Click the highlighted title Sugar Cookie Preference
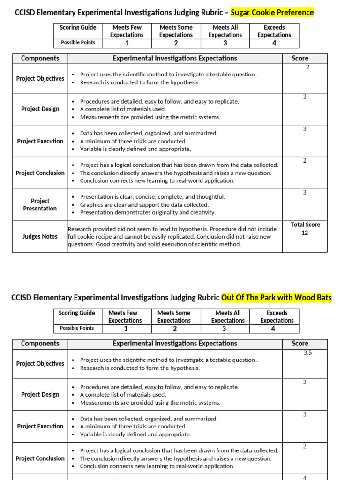tap(272, 12)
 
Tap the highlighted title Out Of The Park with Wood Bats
tap(276, 297)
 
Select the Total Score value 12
tap(305, 232)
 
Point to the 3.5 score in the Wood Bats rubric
tap(307, 352)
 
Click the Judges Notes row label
tap(40, 236)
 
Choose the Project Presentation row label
tap(40, 204)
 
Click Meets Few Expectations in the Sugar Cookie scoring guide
tap(127, 31)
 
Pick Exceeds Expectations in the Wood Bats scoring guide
tap(277, 316)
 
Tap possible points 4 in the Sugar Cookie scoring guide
tap(274, 43)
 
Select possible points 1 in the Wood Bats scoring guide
tap(125, 329)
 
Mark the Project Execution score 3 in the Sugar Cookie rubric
tap(305, 129)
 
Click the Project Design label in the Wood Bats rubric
tap(40, 394)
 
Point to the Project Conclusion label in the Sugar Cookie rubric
tap(40, 172)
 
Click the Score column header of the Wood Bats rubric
tap(300, 343)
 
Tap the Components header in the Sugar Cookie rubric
tap(40, 58)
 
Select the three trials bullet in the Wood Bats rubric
tap(133, 426)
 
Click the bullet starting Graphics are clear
tap(144, 204)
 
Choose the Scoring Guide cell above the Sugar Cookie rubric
tap(78, 27)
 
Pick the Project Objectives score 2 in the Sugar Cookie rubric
tap(307, 67)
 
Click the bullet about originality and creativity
tap(148, 212)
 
